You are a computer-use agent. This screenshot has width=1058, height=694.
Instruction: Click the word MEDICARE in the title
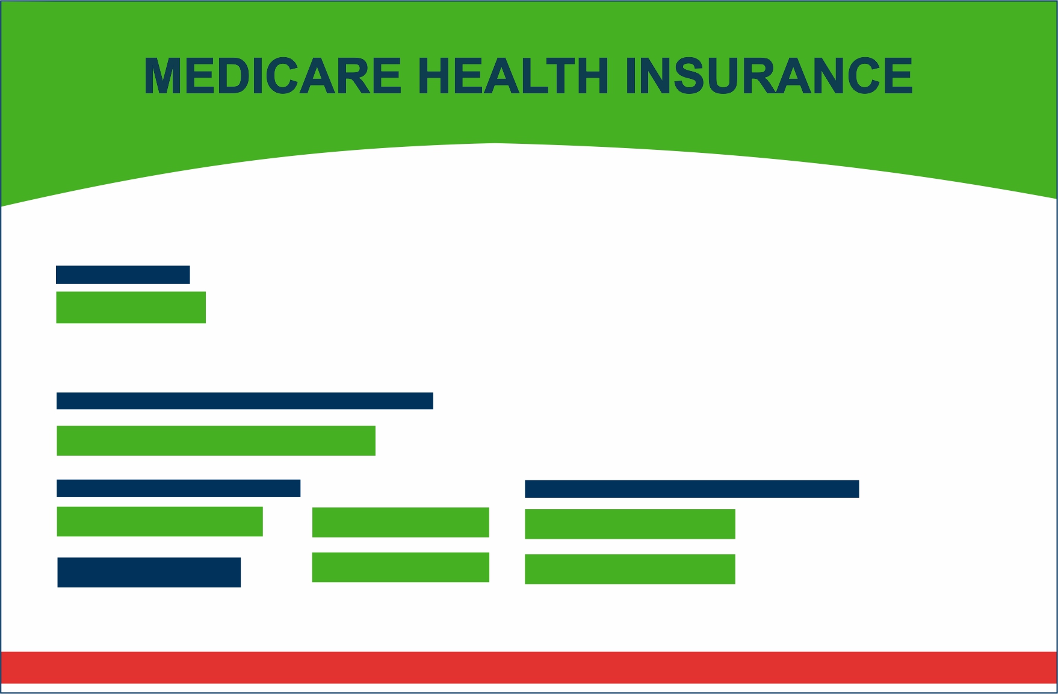pyautogui.click(x=273, y=76)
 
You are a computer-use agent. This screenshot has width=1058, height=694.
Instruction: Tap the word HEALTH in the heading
pyautogui.click(x=513, y=76)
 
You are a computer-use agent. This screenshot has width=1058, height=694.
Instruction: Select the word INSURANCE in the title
pyautogui.click(x=769, y=76)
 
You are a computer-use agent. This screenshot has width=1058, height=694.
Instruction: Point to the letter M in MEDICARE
pyautogui.click(x=163, y=76)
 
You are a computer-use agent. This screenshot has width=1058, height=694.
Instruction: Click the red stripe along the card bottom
pyautogui.click(x=529, y=667)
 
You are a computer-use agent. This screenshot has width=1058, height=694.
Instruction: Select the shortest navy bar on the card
pyautogui.click(x=123, y=274)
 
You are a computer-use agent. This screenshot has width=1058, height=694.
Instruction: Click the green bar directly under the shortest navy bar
pyautogui.click(x=131, y=308)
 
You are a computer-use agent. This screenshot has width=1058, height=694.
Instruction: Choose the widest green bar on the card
pyautogui.click(x=216, y=441)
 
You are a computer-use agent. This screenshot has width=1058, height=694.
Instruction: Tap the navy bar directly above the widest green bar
pyautogui.click(x=245, y=401)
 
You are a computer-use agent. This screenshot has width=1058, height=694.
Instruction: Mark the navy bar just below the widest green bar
pyautogui.click(x=179, y=488)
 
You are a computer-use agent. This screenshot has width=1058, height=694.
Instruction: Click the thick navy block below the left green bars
pyautogui.click(x=149, y=572)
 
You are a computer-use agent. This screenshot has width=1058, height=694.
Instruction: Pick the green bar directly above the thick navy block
pyautogui.click(x=160, y=521)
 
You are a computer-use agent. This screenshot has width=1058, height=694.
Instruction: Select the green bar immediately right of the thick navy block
pyautogui.click(x=401, y=567)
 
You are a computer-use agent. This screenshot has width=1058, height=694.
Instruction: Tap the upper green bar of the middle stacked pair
pyautogui.click(x=401, y=522)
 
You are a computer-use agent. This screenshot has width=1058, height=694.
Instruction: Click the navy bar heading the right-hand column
pyautogui.click(x=692, y=489)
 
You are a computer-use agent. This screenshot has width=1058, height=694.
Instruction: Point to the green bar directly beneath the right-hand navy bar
pyautogui.click(x=630, y=524)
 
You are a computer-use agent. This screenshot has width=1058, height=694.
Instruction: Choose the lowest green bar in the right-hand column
pyautogui.click(x=630, y=569)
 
